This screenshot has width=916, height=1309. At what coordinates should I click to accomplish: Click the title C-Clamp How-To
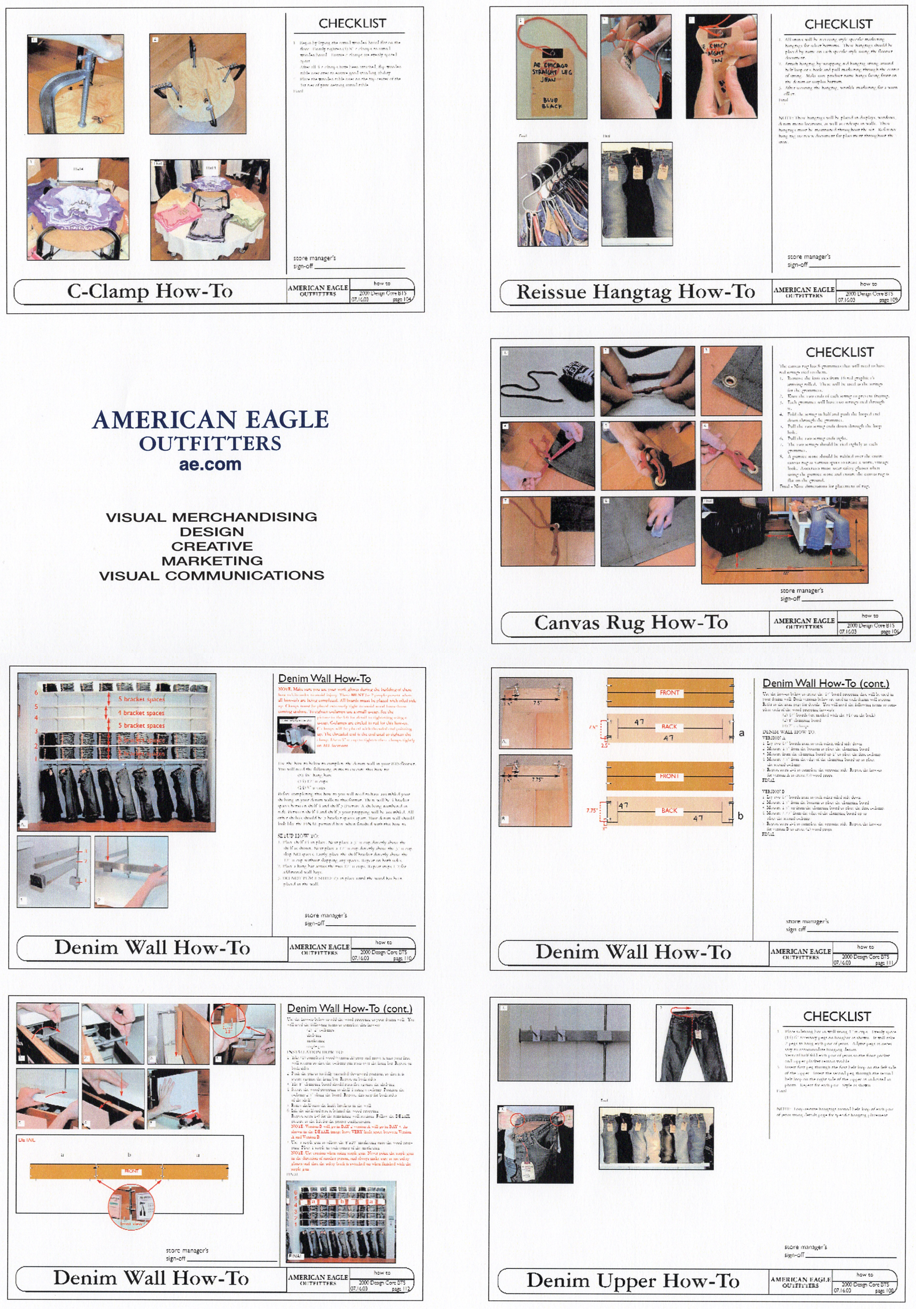(150, 291)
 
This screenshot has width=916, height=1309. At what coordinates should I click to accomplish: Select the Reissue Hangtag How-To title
(635, 292)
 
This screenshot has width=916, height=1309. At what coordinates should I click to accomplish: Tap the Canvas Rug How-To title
(630, 622)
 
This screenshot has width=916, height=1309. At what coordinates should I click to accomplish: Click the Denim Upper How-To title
(632, 1280)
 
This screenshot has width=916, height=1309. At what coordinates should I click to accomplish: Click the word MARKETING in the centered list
(212, 560)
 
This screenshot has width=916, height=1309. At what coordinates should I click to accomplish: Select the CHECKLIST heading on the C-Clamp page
(352, 24)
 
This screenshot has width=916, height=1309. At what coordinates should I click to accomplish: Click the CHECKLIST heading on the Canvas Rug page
(839, 352)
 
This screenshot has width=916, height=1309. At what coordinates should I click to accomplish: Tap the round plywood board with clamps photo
(197, 83)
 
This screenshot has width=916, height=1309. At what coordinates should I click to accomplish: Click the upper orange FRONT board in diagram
(669, 693)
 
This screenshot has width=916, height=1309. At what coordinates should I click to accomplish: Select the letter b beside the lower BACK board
(740, 816)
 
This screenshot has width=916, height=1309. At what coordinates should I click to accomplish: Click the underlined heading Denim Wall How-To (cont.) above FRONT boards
(825, 683)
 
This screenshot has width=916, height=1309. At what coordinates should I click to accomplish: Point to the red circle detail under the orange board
(131, 1206)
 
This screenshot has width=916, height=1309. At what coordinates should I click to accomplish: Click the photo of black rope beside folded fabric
(547, 381)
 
